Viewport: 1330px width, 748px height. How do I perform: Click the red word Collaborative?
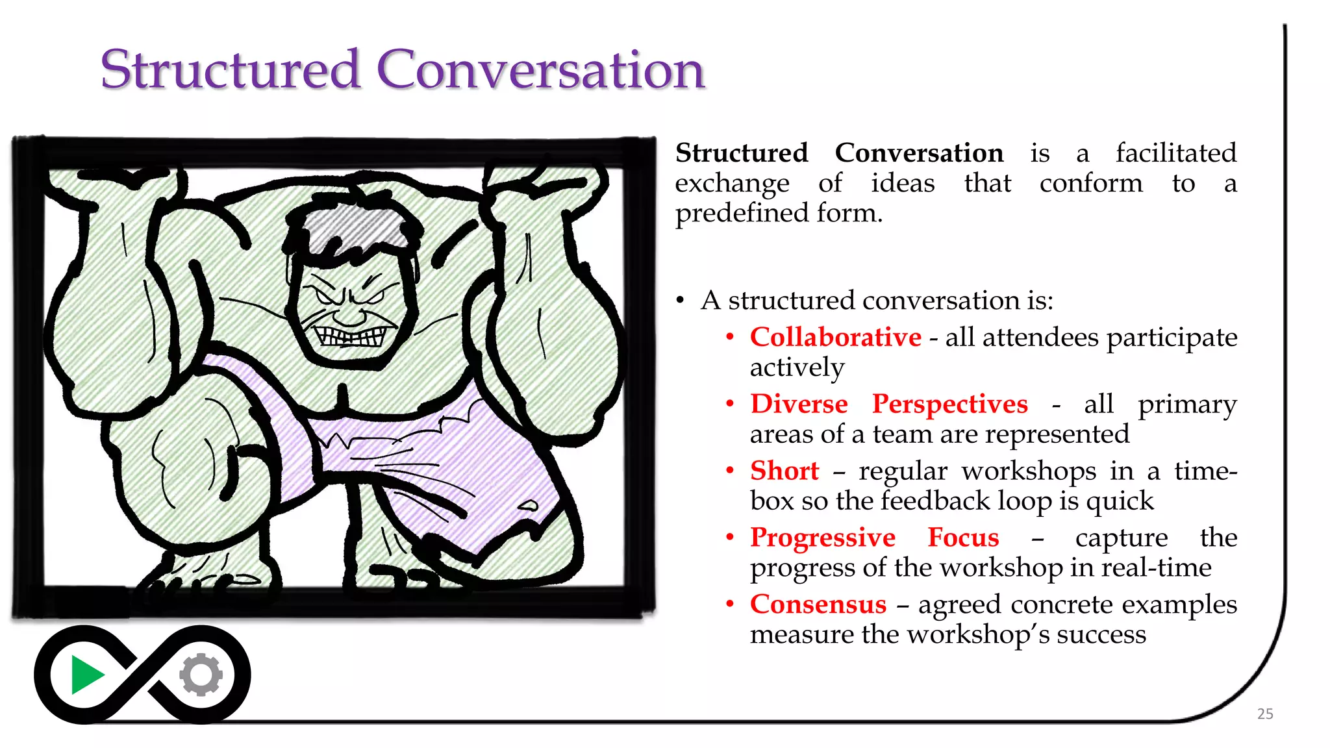point(835,337)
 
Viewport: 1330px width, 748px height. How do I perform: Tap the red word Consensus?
point(818,605)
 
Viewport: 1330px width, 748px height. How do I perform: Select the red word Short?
point(784,471)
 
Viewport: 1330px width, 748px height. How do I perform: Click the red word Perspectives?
point(949,405)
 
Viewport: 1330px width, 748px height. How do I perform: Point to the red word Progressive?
point(822,538)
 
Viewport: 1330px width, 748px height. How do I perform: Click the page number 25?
point(1265,714)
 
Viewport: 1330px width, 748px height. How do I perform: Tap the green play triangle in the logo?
point(86,675)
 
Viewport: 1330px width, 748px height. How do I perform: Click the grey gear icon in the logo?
point(201,675)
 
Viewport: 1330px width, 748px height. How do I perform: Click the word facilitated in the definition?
point(1175,153)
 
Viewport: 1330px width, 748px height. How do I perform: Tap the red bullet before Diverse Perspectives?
point(730,404)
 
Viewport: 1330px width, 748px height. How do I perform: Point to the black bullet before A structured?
point(680,301)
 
